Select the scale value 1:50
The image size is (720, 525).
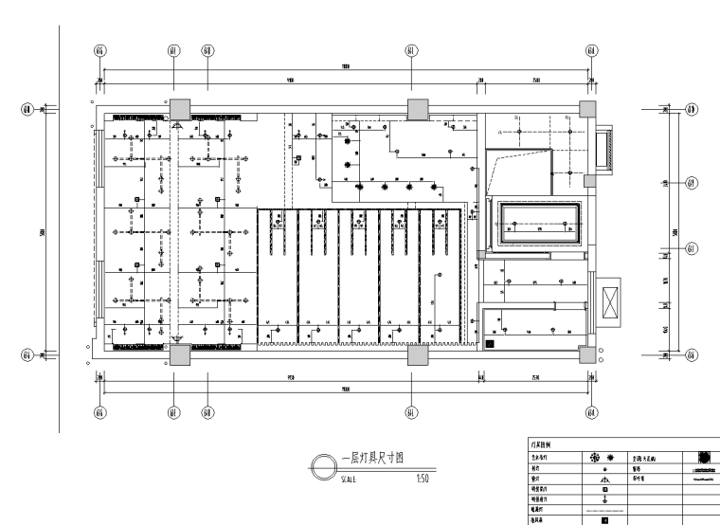click(423, 480)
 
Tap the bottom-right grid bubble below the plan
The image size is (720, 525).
click(591, 412)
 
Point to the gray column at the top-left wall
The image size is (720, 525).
click(179, 107)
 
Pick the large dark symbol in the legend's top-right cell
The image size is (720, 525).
click(705, 456)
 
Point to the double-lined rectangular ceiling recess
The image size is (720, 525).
click(536, 225)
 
